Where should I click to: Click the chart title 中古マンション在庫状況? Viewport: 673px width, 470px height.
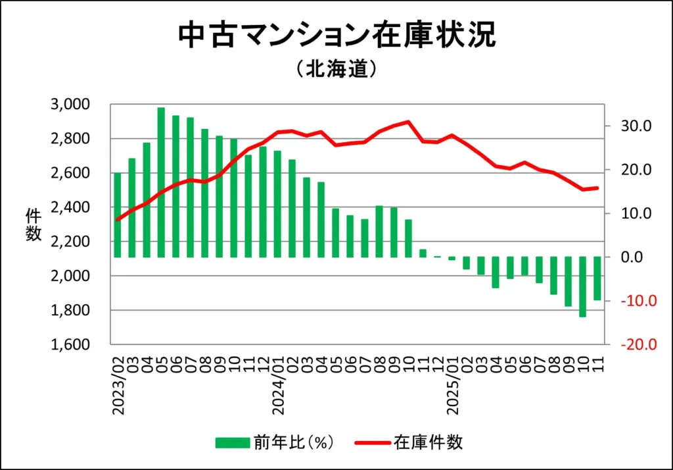[x=336, y=37]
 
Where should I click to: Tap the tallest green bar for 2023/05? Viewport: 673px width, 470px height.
[x=161, y=182]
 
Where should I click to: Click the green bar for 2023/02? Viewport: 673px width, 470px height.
[x=117, y=215]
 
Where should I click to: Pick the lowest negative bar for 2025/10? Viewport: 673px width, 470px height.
[x=582, y=287]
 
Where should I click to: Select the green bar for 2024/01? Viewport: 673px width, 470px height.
[x=277, y=204]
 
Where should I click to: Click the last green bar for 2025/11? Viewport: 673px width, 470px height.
[x=597, y=278]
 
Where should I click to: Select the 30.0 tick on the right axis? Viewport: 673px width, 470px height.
[x=632, y=126]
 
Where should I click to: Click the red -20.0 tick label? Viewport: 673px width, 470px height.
[x=630, y=345]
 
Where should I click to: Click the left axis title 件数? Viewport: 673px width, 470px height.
[x=34, y=224]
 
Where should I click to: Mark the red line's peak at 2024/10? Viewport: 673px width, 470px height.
[x=408, y=122]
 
